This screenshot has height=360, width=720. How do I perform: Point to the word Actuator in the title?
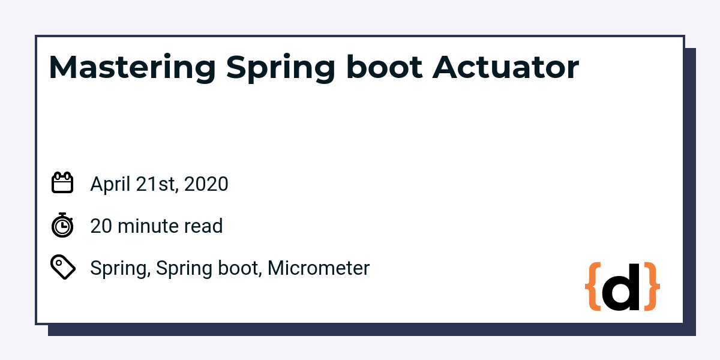coord(505,68)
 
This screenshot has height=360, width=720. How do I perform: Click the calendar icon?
coord(62,183)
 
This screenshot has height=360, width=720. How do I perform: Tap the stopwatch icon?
coord(62,225)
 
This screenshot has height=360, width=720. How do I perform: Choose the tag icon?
coord(62,267)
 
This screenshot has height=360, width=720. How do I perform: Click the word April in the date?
coord(110,184)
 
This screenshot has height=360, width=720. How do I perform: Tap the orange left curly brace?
coord(592,287)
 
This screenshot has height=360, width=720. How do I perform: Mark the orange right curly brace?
coord(652,287)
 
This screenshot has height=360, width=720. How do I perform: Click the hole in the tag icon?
coord(58,262)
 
